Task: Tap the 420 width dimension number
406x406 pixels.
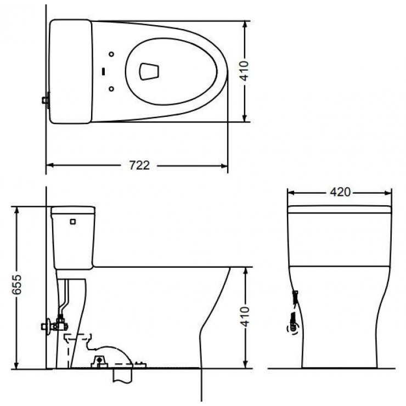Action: tap(340, 192)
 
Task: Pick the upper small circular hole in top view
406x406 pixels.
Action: tap(112, 54)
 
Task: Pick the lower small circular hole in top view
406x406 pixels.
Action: tap(112, 88)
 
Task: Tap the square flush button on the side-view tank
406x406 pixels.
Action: tap(72, 222)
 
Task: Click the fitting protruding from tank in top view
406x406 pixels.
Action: tap(46, 100)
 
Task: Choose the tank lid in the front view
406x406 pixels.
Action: tap(340, 209)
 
